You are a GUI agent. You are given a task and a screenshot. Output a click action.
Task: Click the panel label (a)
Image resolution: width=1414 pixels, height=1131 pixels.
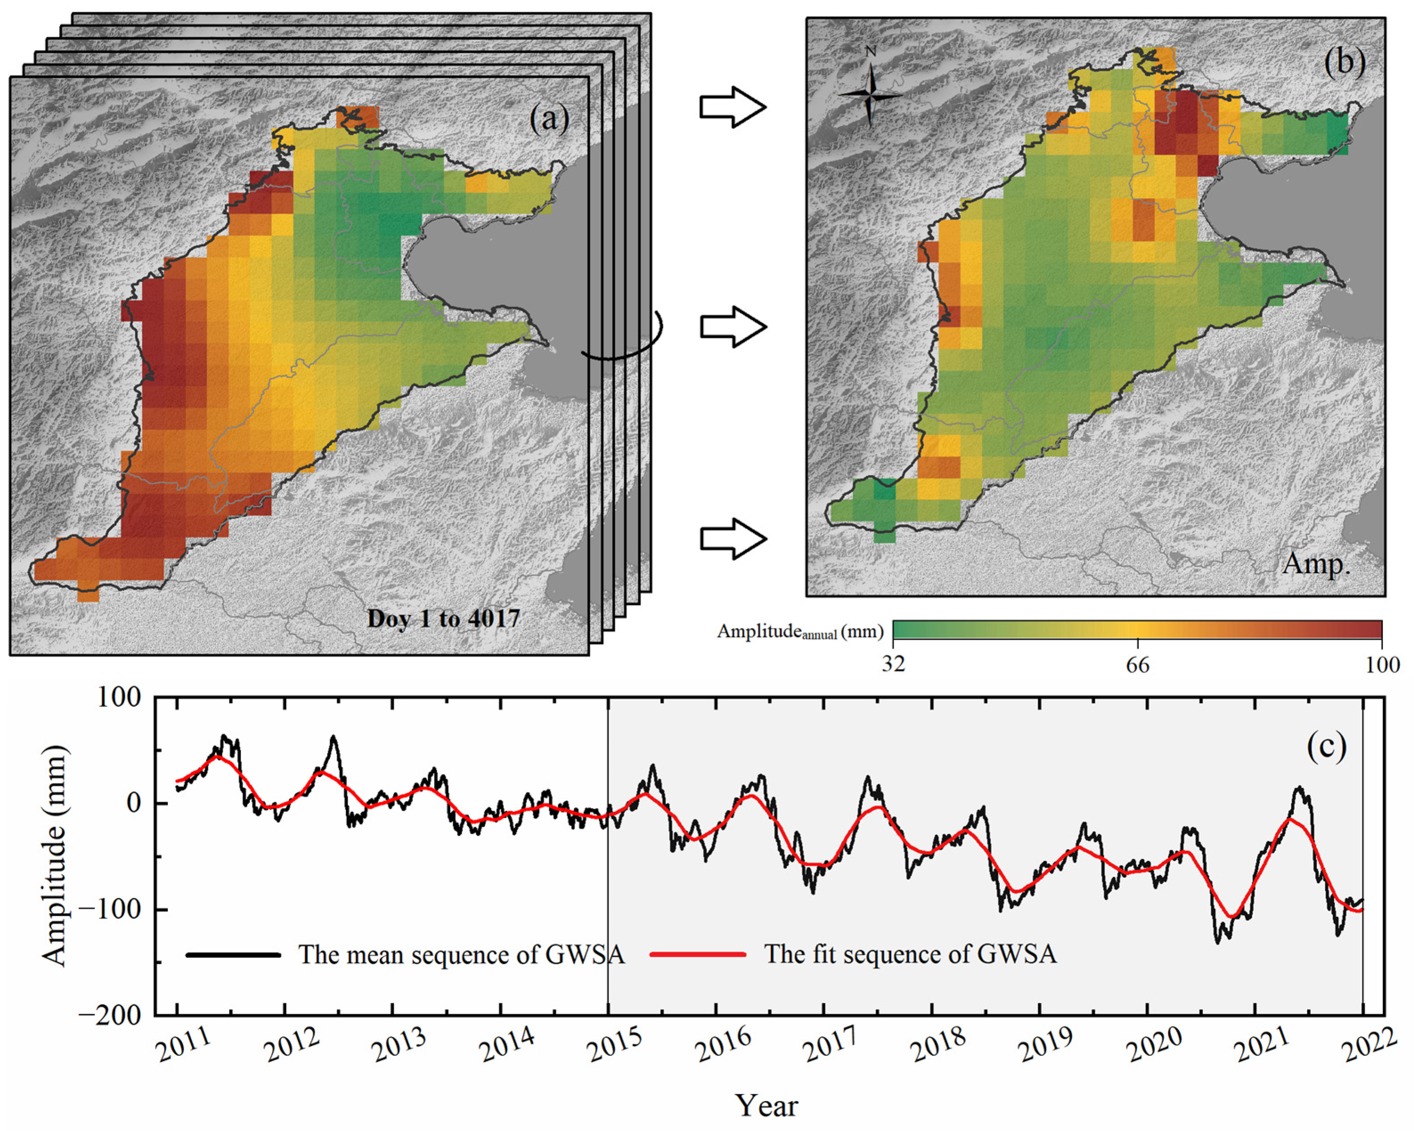549,119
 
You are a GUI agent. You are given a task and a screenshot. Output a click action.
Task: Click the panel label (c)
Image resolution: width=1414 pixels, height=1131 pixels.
1326,746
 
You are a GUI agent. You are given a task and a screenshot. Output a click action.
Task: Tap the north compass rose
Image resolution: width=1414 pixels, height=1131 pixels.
870,94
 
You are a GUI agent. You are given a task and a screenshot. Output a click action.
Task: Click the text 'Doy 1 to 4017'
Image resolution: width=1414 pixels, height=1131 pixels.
443,618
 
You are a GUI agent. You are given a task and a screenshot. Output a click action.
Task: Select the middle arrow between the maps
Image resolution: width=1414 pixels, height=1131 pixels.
732,327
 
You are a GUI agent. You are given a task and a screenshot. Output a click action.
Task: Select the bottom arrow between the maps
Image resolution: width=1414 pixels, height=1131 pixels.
732,539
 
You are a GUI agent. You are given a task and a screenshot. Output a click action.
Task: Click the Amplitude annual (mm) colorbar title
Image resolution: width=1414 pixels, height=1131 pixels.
800,632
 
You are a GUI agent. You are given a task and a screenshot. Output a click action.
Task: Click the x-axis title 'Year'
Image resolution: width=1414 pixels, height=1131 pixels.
766,1106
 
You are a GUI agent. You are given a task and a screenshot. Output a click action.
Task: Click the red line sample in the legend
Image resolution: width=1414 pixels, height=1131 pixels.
698,954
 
